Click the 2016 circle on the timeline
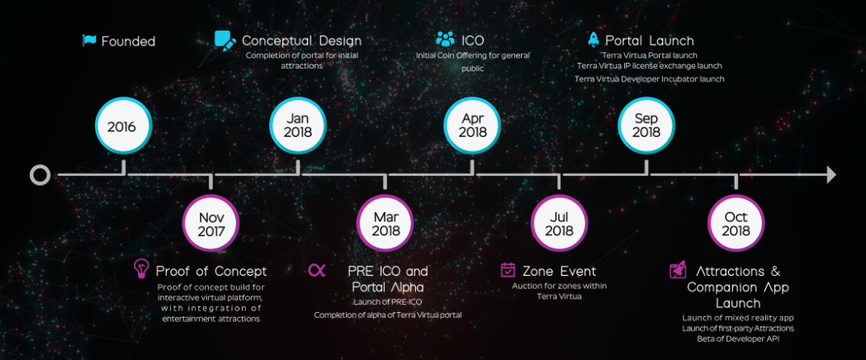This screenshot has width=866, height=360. click(122, 126)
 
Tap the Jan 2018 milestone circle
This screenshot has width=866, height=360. click(298, 126)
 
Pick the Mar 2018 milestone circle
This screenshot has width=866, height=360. click(385, 223)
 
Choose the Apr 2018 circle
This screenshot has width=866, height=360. click(472, 126)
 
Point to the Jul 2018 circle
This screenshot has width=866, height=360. click(559, 223)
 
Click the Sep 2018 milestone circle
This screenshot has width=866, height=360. click(646, 126)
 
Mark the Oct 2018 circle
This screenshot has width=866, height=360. click(736, 223)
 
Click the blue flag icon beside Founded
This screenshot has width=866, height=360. click(89, 40)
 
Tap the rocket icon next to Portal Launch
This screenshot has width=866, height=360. click(594, 39)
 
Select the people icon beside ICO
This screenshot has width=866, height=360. click(445, 39)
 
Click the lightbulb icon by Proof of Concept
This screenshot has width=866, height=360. click(141, 269)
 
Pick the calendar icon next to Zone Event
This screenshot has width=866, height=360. click(508, 269)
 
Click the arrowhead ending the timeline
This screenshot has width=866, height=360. click(831, 175)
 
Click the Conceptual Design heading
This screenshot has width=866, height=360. click(301, 40)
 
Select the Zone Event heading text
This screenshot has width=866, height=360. click(560, 271)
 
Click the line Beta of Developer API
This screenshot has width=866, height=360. click(738, 339)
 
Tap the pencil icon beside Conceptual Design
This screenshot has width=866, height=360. click(225, 41)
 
